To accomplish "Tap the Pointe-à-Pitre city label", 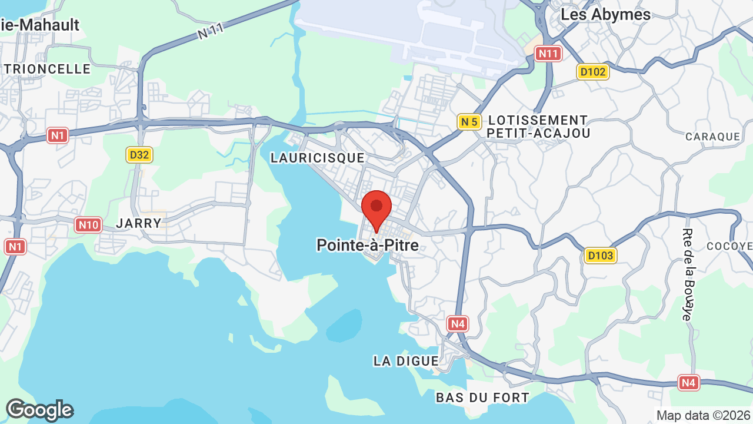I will tap(368, 245).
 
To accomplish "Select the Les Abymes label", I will tap(605, 15).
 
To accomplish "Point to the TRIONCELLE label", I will tap(48, 69).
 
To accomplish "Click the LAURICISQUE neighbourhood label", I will tap(318, 158).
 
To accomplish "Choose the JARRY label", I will tap(139, 223).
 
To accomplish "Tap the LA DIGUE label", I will tap(406, 361).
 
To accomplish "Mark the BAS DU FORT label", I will tap(482, 398).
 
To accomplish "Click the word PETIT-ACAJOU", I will tap(539, 134).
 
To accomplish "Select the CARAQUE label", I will tap(712, 137).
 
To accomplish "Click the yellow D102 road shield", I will tap(592, 72).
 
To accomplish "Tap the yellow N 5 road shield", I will tap(469, 122).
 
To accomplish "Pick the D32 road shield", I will tap(139, 155).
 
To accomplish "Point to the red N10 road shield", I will tap(88, 224).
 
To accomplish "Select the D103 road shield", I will tap(600, 256).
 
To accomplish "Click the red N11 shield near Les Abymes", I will tap(548, 54).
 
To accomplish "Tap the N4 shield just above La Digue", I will tap(458, 323).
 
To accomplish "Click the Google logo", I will tap(39, 410).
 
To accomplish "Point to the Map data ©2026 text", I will tap(704, 416).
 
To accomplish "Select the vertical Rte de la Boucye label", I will tap(687, 274).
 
